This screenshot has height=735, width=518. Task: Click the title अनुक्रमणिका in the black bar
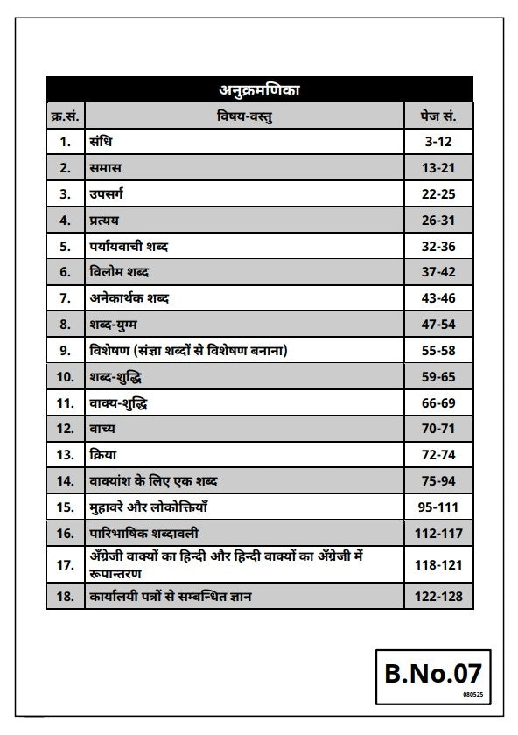(259, 89)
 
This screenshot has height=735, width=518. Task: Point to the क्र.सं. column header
(66, 115)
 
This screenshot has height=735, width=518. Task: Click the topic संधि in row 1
(100, 140)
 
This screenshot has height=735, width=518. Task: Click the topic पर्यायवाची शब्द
(129, 246)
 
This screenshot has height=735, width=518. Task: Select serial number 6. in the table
(66, 272)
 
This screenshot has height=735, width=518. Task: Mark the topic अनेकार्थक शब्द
(129, 298)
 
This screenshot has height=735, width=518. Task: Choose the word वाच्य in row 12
(101, 430)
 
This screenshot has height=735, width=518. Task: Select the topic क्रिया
(101, 456)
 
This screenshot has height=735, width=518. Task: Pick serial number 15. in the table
(66, 507)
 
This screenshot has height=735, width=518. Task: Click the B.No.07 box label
(432, 673)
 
